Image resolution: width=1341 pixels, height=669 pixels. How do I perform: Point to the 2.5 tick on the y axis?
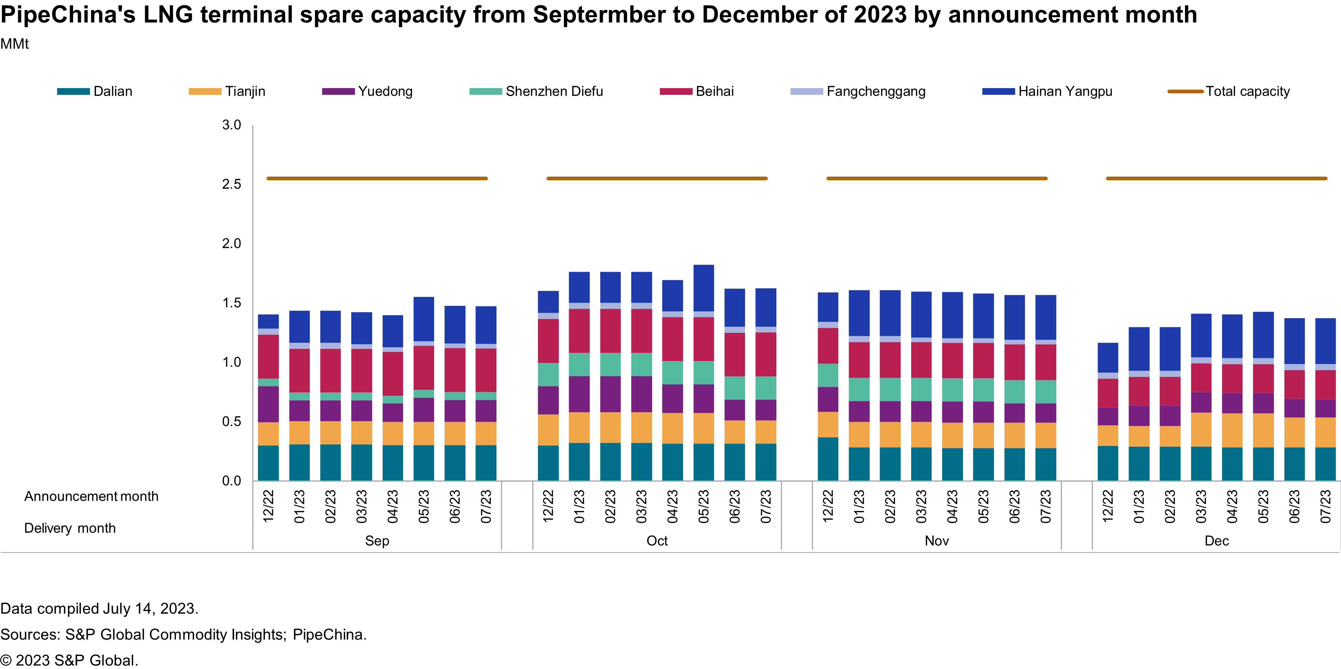(x=232, y=184)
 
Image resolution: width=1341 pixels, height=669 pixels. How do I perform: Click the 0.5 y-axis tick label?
(x=232, y=422)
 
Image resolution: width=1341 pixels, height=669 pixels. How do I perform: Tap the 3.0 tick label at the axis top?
(x=232, y=125)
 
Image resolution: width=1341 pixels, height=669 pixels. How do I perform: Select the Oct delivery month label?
(x=657, y=541)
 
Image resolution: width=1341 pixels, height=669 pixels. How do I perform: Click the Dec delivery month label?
(x=1217, y=541)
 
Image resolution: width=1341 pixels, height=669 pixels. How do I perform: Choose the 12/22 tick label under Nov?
(x=828, y=507)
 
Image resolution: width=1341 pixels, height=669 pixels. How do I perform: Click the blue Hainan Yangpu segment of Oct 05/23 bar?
(x=704, y=288)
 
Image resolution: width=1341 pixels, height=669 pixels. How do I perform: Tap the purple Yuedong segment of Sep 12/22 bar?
(x=268, y=404)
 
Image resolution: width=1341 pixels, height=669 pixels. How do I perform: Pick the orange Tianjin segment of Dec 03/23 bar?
(x=1201, y=430)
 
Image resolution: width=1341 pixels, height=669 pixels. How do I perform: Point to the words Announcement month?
(x=91, y=497)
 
